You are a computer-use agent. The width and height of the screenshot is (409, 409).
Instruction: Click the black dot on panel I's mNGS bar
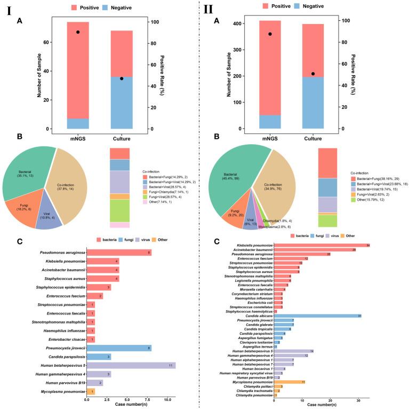(77, 32)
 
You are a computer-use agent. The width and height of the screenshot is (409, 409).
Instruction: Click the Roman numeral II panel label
(213, 11)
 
